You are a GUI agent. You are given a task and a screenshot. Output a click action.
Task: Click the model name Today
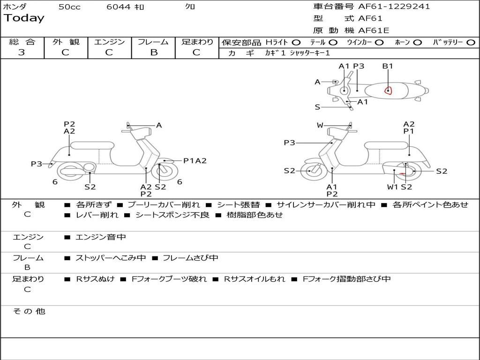pyautogui.click(x=24, y=18)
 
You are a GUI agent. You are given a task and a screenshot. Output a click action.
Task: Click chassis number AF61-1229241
pyautogui.click(x=394, y=7)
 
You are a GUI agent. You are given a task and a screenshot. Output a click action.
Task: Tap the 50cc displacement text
pyautogui.click(x=69, y=7)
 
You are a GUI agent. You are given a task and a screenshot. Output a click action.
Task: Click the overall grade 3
pyautogui.click(x=22, y=52)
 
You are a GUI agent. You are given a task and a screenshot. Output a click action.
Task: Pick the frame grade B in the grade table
pyautogui.click(x=154, y=52)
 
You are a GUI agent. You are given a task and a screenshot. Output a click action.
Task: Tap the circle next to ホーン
pyautogui.click(x=418, y=42)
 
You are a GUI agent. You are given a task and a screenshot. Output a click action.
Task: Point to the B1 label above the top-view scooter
pyautogui.click(x=388, y=66)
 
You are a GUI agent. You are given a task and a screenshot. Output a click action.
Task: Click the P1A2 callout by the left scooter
pyautogui.click(x=195, y=161)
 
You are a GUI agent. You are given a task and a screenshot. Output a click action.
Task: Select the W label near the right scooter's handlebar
pyautogui.click(x=320, y=125)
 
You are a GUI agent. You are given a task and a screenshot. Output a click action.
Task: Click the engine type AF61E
pyautogui.click(x=374, y=30)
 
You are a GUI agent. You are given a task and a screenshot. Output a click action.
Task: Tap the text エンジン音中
pyautogui.click(x=101, y=237)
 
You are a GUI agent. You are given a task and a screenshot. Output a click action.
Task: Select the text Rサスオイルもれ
pyautogui.click(x=254, y=279)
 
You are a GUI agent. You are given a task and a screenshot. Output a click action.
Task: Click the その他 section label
pyautogui.click(x=29, y=311)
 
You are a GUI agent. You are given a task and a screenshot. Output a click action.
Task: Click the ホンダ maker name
pyautogui.click(x=15, y=7)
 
